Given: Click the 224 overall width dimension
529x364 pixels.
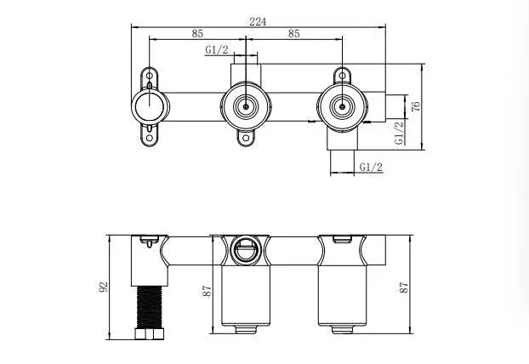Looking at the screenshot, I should [259, 22].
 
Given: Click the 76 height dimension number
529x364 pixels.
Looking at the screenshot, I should [416, 106].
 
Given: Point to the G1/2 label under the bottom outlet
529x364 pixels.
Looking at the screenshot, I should [371, 167].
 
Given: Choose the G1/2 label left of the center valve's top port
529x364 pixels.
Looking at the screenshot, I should [216, 50].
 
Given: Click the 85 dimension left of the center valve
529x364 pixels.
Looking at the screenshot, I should [197, 35].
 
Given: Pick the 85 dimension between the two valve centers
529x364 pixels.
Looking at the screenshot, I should [293, 35].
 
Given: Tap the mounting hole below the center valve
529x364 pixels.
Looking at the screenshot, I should [246, 138].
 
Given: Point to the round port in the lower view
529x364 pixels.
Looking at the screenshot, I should [245, 248].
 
